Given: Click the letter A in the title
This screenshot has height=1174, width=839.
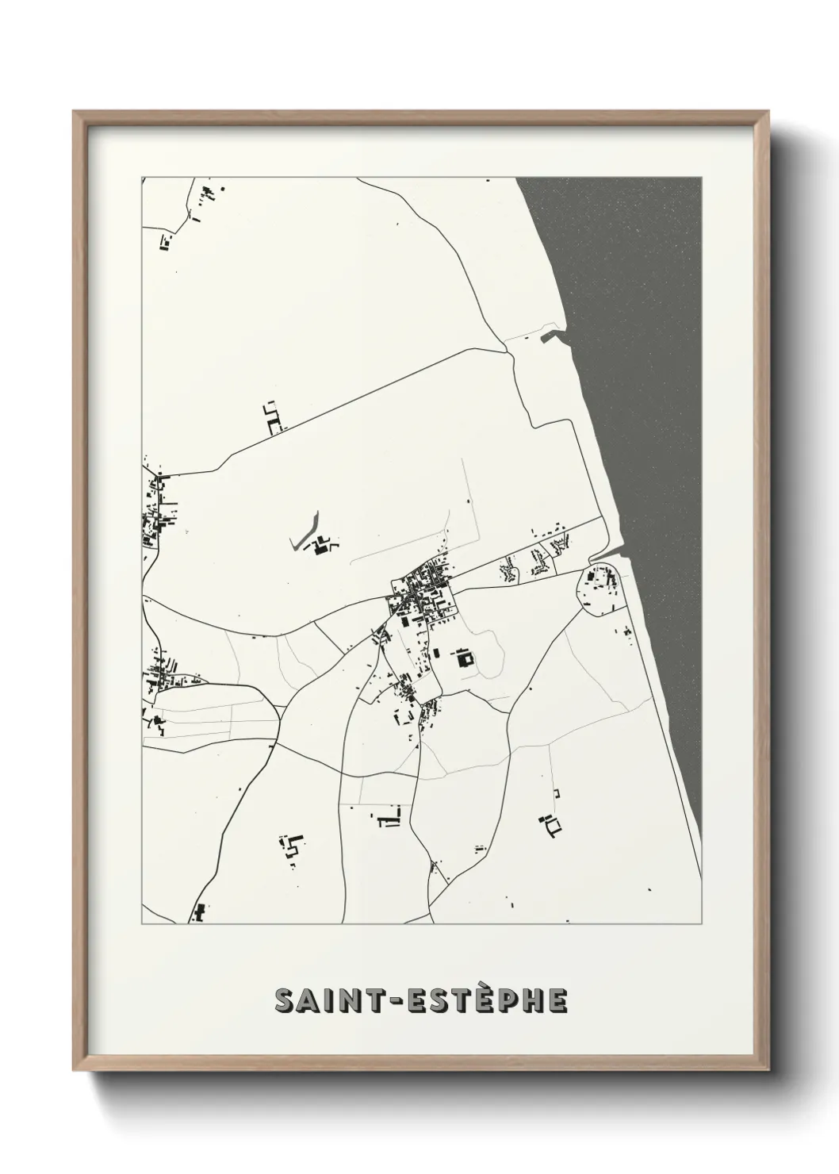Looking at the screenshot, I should click(x=306, y=1000).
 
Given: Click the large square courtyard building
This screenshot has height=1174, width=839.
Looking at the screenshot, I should click(x=463, y=658).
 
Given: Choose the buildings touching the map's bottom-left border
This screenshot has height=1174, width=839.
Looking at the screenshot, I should click(x=198, y=913).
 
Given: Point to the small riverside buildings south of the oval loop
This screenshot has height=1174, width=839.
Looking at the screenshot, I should click(x=626, y=633).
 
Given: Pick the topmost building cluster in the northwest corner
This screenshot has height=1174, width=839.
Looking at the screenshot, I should click(x=209, y=192).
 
